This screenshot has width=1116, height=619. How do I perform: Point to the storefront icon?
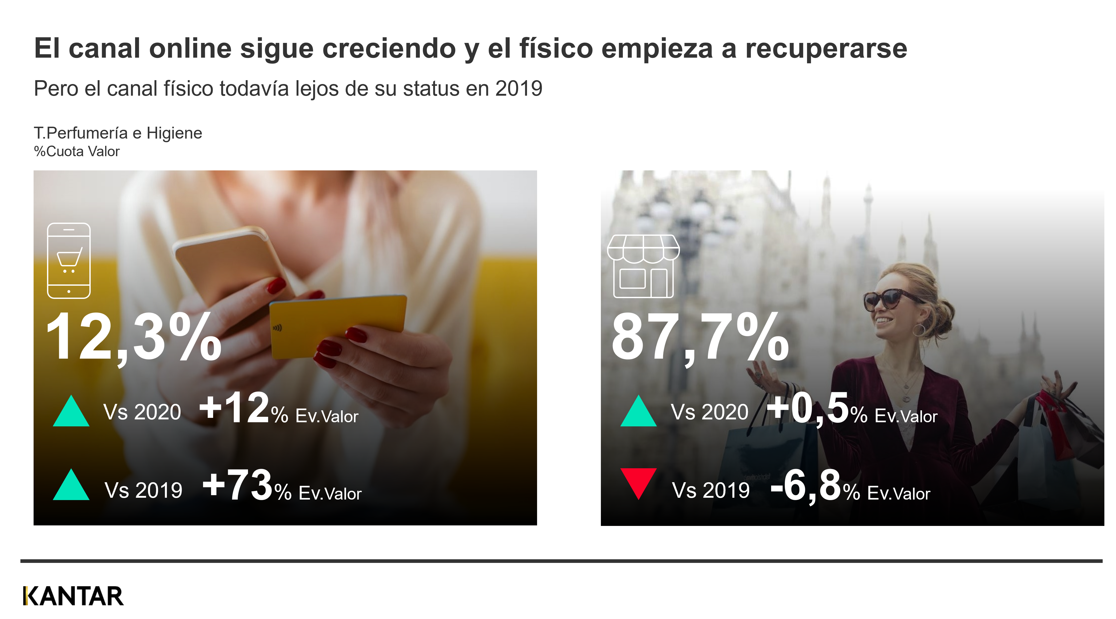[x=643, y=266]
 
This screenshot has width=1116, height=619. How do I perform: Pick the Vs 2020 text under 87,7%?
[x=709, y=412]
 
